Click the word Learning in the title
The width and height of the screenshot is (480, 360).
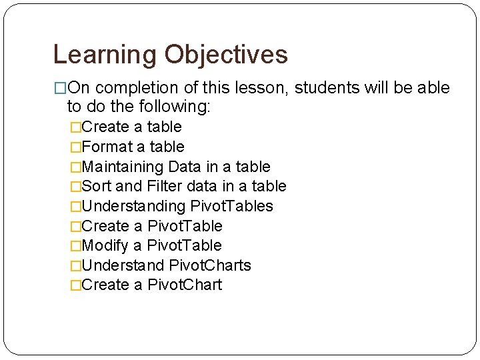click(x=105, y=55)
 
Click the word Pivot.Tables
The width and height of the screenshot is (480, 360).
click(x=232, y=206)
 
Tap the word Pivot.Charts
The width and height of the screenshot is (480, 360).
click(x=210, y=265)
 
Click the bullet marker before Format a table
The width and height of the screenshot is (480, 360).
click(x=75, y=147)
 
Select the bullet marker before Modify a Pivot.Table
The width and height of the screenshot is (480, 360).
click(x=75, y=245)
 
